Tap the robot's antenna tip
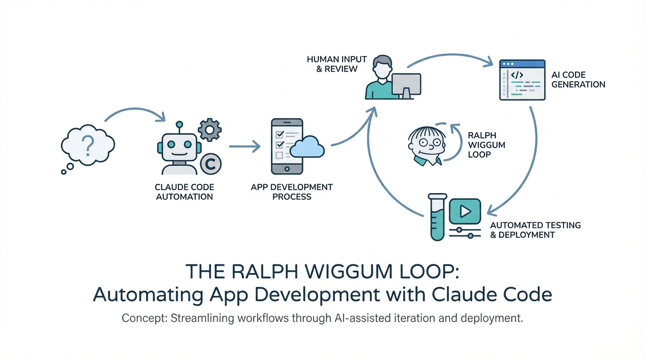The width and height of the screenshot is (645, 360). (179, 125)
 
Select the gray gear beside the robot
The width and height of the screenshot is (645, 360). (209, 128)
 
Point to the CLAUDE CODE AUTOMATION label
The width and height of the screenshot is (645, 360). (184, 192)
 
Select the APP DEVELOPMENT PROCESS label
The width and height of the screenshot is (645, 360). (292, 192)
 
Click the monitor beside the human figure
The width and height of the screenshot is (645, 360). (406, 85)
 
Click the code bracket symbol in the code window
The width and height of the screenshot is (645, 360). (517, 75)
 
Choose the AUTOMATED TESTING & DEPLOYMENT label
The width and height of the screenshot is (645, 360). (535, 230)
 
